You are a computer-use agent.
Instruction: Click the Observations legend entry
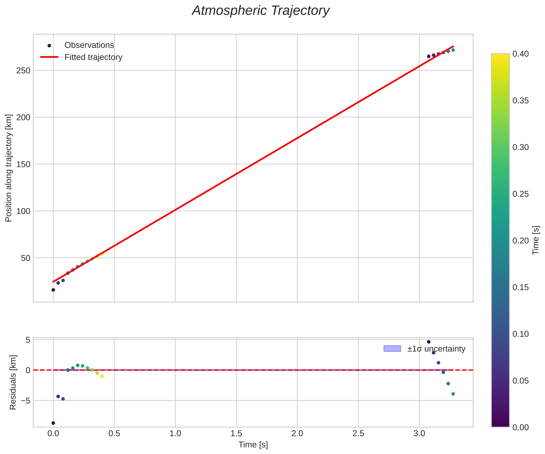point(89,45)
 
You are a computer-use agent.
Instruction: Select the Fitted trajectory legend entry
point(93,57)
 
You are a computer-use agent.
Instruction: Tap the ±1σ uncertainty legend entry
point(436,349)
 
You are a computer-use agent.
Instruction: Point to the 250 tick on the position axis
point(23,71)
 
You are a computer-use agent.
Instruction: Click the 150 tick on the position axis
point(23,164)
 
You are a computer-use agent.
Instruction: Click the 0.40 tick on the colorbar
point(520,54)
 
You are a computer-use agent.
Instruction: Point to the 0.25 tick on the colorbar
point(520,194)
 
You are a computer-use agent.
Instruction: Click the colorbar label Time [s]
point(536,240)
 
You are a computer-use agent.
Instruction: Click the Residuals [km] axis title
point(13,382)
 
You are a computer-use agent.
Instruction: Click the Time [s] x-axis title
point(253,445)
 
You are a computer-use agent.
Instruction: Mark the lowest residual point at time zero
point(53,423)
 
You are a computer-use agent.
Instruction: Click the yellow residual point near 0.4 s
point(102,376)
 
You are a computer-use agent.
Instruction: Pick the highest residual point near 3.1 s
point(429,342)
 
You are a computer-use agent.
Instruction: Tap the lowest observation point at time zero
point(53,290)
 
